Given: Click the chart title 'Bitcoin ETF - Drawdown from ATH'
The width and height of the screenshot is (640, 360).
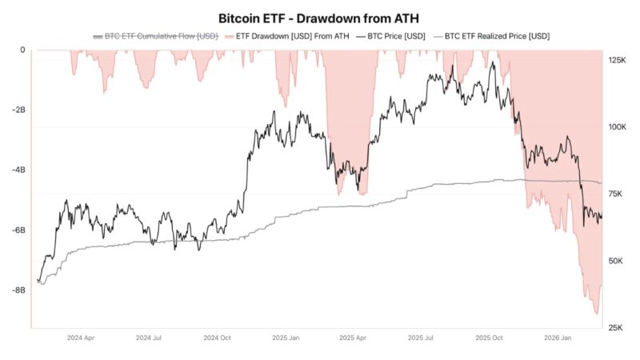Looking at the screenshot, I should [320, 18].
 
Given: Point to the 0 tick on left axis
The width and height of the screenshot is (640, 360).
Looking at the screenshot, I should [22, 50].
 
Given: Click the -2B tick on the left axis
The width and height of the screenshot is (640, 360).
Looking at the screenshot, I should [18, 110].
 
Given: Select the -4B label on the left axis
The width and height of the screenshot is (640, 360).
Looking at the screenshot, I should [18, 170].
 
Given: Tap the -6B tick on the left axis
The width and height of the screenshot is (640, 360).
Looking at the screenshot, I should [18, 230].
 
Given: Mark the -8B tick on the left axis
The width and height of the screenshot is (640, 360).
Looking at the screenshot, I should [18, 290].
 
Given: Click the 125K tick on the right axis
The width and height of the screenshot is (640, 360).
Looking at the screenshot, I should [617, 61].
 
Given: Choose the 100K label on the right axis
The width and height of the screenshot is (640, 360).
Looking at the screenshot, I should [617, 127].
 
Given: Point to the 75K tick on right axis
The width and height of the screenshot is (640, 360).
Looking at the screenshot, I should [617, 194].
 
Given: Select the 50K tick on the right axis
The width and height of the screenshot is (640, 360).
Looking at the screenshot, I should [617, 261].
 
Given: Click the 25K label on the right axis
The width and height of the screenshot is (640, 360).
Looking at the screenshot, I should [617, 327].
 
